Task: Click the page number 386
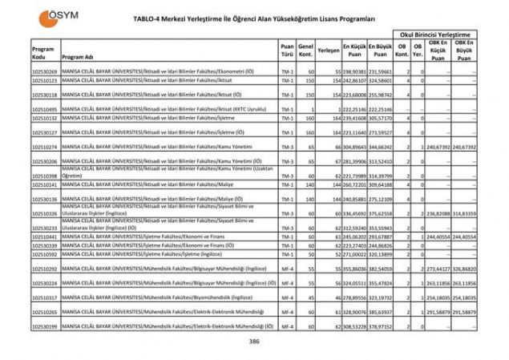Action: click(x=254, y=342)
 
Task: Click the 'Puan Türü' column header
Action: click(x=287, y=50)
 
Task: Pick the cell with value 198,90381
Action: click(x=357, y=72)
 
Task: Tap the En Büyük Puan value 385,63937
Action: click(x=383, y=312)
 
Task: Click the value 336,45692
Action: click(x=357, y=214)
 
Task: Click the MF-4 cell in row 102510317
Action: click(x=287, y=297)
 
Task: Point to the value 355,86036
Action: click(x=357, y=269)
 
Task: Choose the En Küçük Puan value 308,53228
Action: click(x=357, y=327)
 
